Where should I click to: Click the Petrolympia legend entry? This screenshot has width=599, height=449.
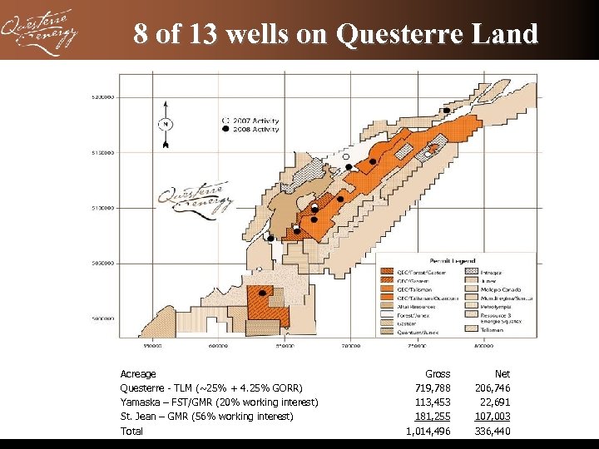pos(478,306)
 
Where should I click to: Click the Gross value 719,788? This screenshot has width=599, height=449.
pos(432,388)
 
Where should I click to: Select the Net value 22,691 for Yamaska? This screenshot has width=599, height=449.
pos(495,402)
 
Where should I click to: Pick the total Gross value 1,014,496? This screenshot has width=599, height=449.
pos(428,431)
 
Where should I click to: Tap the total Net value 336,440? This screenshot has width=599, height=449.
pos(492,431)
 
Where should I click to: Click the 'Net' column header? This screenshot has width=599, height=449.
pos(502,374)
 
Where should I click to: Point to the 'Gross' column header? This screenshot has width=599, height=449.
pos(438,374)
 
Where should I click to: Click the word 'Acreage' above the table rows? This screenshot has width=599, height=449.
pos(138,374)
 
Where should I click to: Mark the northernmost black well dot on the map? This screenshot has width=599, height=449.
pos(447,111)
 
